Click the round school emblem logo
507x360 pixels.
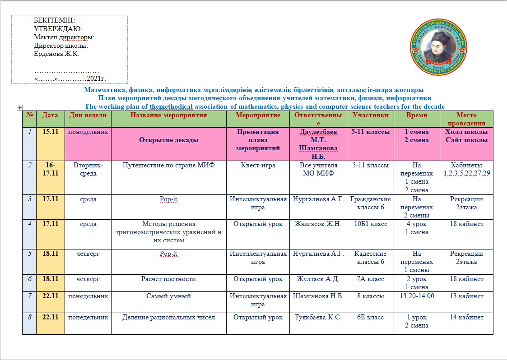point(437,50)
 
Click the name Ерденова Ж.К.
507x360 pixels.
point(56,54)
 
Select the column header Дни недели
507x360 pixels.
point(88,115)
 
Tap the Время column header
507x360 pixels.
point(416,115)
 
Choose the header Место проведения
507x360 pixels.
point(466,119)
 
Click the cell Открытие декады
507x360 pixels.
point(169,140)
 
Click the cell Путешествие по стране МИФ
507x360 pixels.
point(169,165)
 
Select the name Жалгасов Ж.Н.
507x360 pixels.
point(318,224)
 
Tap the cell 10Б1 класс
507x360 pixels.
point(370,224)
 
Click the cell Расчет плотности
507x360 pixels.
point(169,279)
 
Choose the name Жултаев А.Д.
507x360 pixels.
point(318,279)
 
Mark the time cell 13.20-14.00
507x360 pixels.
point(416,296)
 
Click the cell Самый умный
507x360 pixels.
point(169,296)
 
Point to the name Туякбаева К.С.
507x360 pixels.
point(318,317)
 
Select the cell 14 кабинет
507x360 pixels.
point(466,317)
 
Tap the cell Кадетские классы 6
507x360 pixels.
point(370,258)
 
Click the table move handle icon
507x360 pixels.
point(19,107)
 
